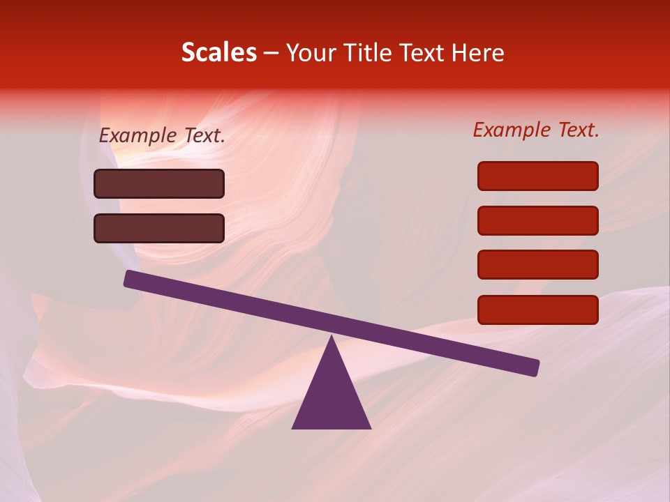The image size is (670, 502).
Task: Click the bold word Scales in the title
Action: click(x=218, y=52)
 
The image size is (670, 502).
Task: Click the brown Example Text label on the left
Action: click(x=162, y=135)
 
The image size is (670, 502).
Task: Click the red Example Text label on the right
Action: click(x=536, y=129)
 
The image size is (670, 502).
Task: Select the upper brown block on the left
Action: click(x=159, y=183)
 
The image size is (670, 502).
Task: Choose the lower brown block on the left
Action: click(x=159, y=228)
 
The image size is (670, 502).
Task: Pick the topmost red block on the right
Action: click(x=538, y=176)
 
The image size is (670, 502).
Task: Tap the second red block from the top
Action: click(x=538, y=220)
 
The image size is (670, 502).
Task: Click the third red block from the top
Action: click(x=538, y=265)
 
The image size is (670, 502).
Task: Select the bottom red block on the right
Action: click(x=538, y=310)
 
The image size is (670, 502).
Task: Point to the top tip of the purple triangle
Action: click(x=332, y=337)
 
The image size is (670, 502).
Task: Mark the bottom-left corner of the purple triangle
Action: click(x=293, y=427)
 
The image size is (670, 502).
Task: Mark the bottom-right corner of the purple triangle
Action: click(x=370, y=427)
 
